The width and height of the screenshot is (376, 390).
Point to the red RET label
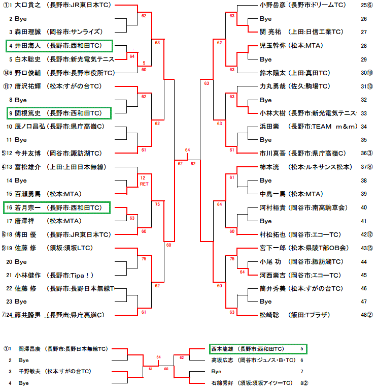(x=143, y=184)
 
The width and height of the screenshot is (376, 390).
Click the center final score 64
(x=188, y=150)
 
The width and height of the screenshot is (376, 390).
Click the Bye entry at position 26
(x=265, y=19)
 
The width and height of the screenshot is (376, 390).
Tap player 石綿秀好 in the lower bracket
(x=223, y=382)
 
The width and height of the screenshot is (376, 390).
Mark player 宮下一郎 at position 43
(x=271, y=248)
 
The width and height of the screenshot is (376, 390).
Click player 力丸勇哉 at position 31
(x=271, y=86)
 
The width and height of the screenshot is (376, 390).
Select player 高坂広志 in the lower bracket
(x=223, y=360)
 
